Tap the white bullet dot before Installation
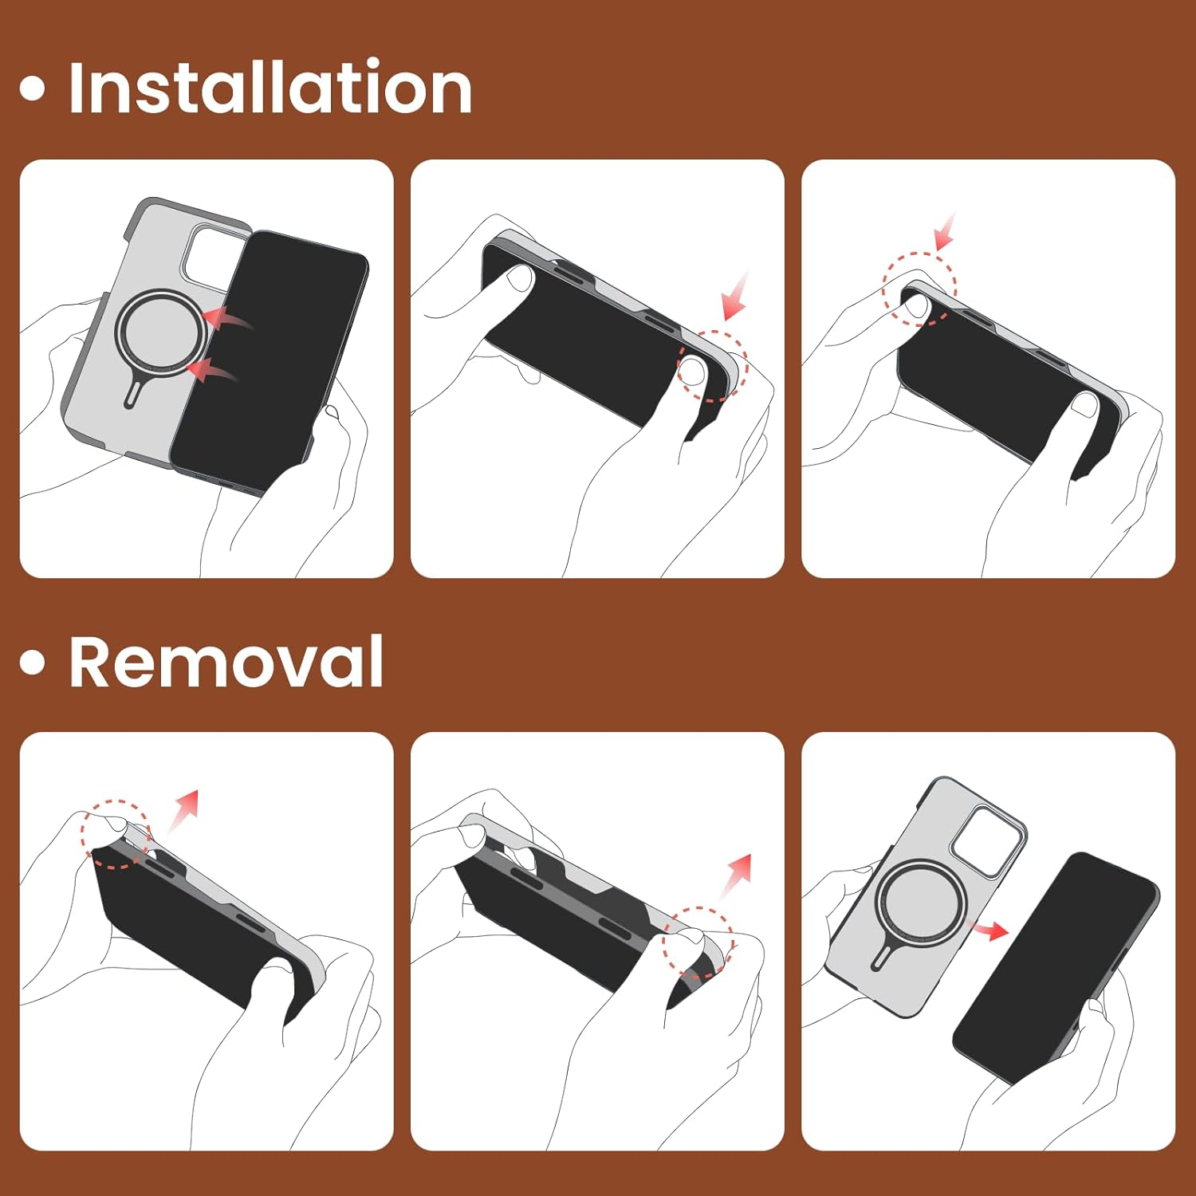pos(32,88)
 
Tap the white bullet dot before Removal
pos(32,662)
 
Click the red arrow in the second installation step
pos(735,296)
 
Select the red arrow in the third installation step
pos(946,231)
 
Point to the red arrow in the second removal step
pos(735,875)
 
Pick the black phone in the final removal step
pos(1055,966)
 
